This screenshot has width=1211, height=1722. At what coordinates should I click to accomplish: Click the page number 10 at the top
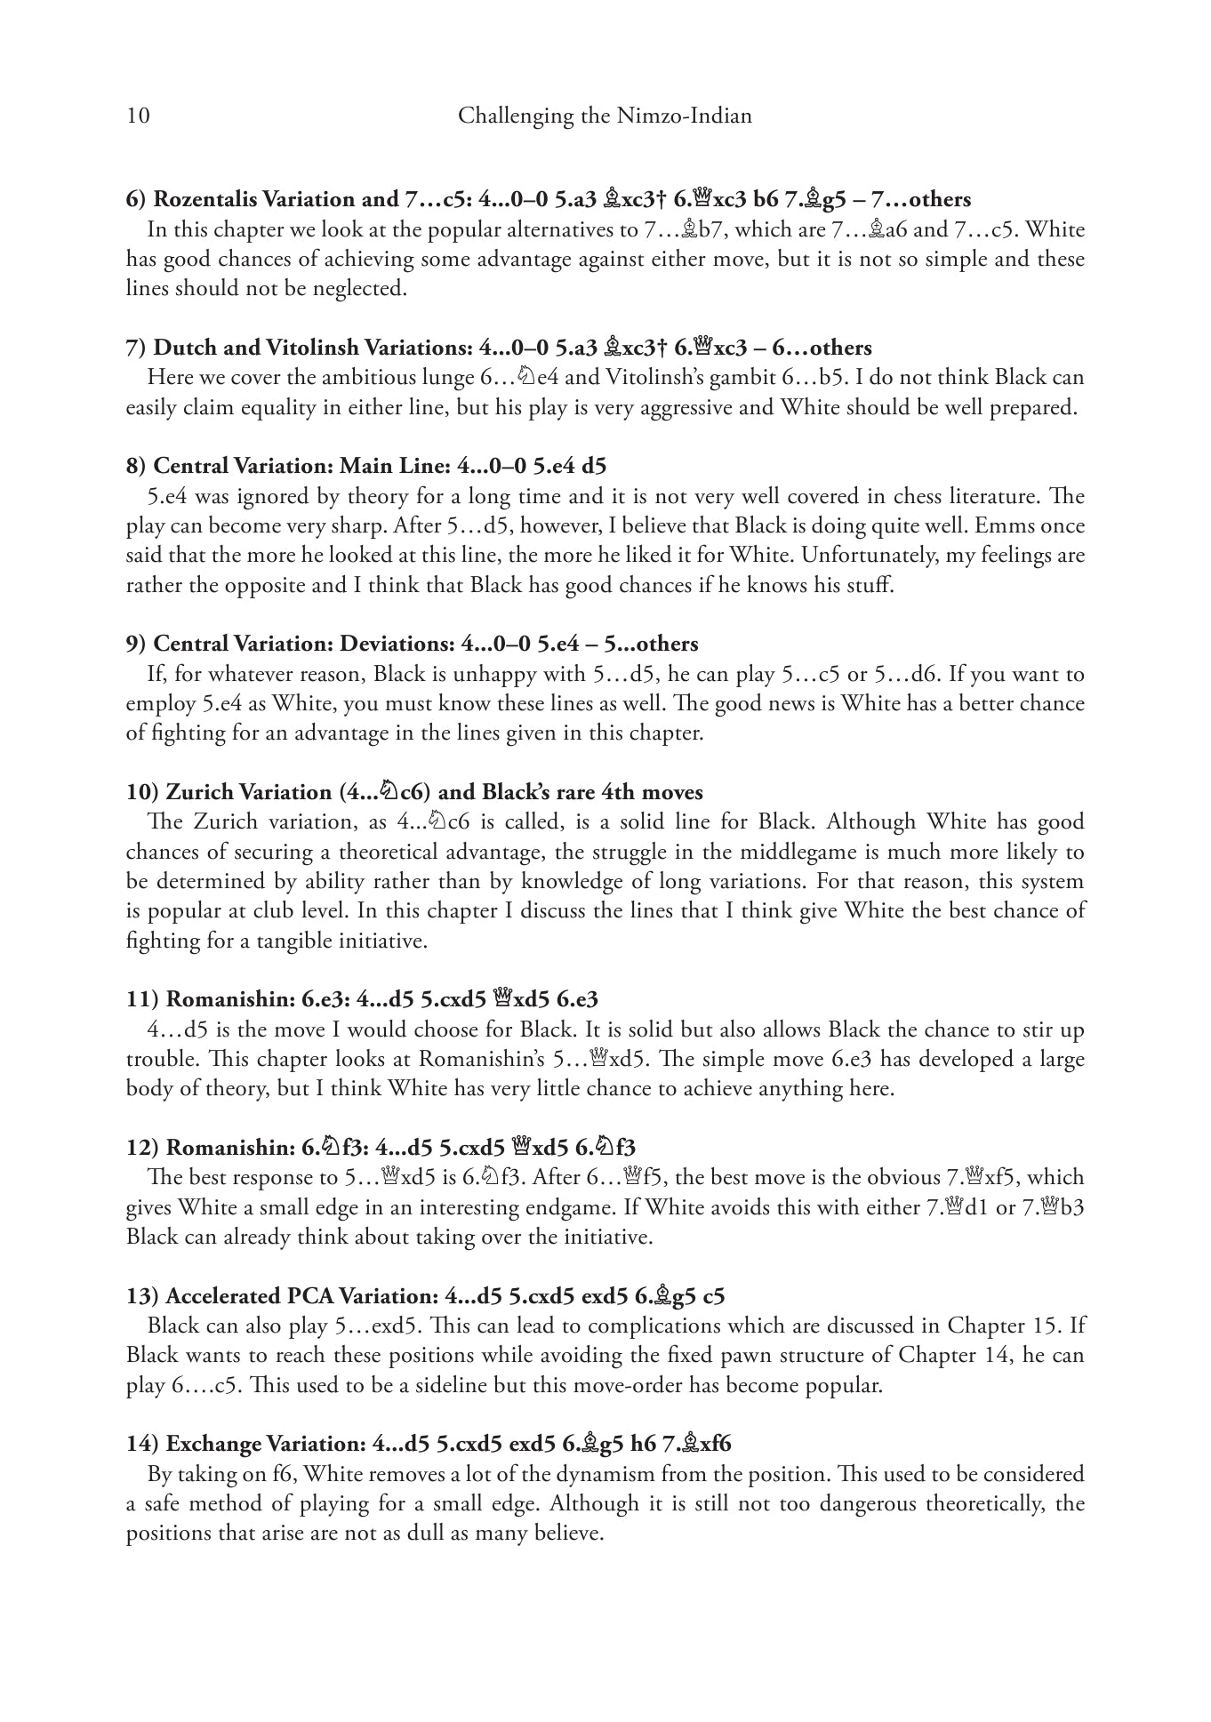point(138,116)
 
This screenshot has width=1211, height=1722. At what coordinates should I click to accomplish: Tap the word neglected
point(361,289)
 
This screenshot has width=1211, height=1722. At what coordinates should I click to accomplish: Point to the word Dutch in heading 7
point(182,348)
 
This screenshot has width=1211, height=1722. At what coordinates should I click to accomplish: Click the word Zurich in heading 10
point(203,792)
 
